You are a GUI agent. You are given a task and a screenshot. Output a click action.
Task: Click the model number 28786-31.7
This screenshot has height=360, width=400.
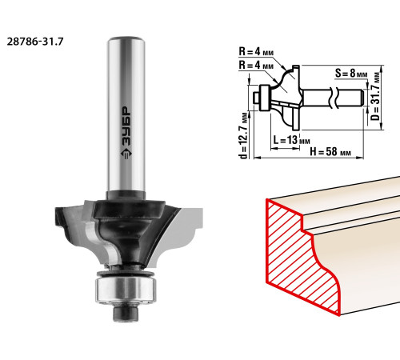pyautogui.click(x=35, y=42)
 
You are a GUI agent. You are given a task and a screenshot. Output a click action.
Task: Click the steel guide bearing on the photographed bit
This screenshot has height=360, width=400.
pyautogui.click(x=126, y=290)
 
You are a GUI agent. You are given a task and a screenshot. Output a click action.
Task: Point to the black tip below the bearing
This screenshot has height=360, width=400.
pyautogui.click(x=126, y=314)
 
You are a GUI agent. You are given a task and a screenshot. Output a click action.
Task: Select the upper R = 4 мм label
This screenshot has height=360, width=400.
pyautogui.click(x=256, y=51)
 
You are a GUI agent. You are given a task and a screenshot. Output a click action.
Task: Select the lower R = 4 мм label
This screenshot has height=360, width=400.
pyautogui.click(x=256, y=65)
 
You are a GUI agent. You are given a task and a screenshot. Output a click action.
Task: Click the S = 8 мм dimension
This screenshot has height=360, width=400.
pyautogui.click(x=351, y=73)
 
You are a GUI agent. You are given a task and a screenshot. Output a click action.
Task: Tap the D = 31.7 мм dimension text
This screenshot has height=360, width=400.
pyautogui.click(x=376, y=96)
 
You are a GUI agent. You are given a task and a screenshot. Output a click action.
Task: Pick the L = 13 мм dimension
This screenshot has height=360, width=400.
pyautogui.click(x=291, y=139)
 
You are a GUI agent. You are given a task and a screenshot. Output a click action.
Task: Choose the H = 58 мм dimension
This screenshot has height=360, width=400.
pyautogui.click(x=330, y=152)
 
